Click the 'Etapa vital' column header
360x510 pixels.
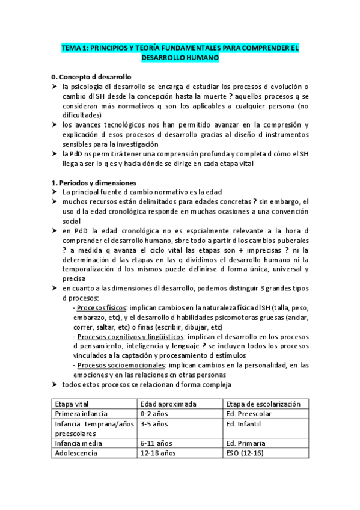(x=71, y=404)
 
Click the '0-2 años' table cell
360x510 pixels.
(x=154, y=414)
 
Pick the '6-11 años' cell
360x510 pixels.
(x=156, y=444)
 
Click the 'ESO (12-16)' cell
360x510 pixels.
(x=247, y=454)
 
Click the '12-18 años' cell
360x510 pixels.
(x=158, y=454)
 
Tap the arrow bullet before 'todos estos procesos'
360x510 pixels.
(x=55, y=384)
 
